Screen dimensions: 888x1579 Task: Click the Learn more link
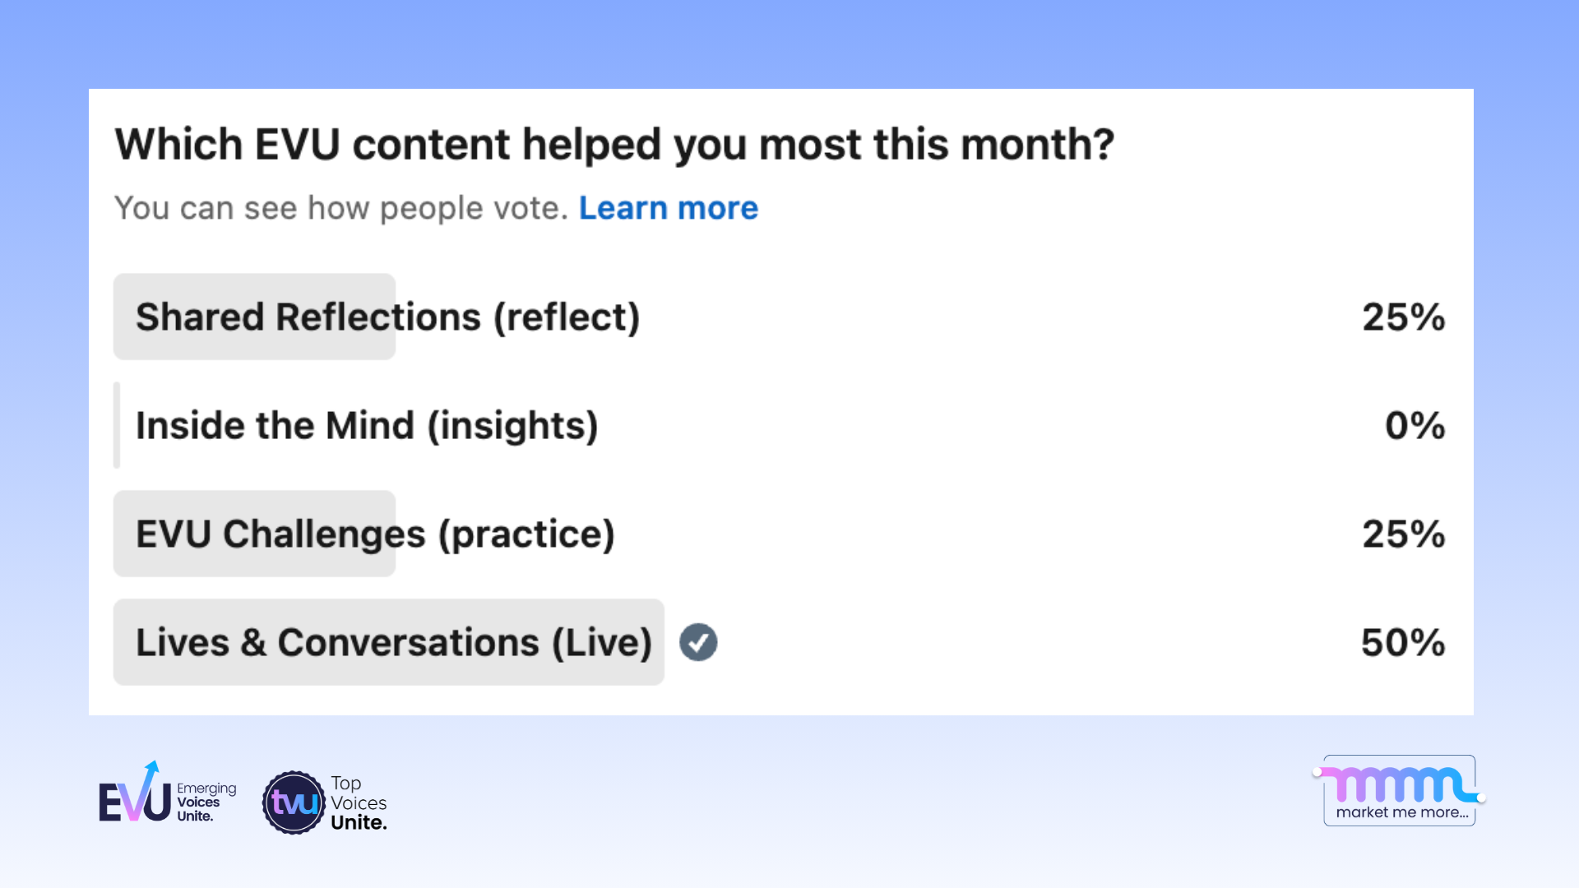pyautogui.click(x=668, y=208)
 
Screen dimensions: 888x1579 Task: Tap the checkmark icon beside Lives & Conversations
pyautogui.click(x=698, y=642)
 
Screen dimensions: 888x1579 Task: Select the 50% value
pyautogui.click(x=1402, y=642)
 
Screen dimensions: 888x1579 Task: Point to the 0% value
pyautogui.click(x=1414, y=425)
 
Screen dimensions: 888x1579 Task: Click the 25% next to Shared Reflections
pyautogui.click(x=1403, y=317)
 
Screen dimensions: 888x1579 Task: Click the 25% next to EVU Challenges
pyautogui.click(x=1403, y=534)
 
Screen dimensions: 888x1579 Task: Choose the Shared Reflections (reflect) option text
pyautogui.click(x=387, y=317)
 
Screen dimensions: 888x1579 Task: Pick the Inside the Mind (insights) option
pyautogui.click(x=367, y=425)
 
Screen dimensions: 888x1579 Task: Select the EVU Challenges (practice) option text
pyautogui.click(x=375, y=534)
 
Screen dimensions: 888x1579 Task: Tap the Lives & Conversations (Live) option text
pyautogui.click(x=393, y=642)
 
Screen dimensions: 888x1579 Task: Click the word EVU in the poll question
pyautogui.click(x=297, y=144)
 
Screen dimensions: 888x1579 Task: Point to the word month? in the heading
pyautogui.click(x=1037, y=144)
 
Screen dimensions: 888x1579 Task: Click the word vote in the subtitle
pyautogui.click(x=526, y=208)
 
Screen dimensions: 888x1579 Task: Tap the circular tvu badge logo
pyautogui.click(x=294, y=802)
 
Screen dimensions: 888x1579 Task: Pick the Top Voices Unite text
pyautogui.click(x=358, y=802)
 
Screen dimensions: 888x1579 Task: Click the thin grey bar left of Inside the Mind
pyautogui.click(x=117, y=425)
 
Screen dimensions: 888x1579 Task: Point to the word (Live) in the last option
pyautogui.click(x=601, y=642)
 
